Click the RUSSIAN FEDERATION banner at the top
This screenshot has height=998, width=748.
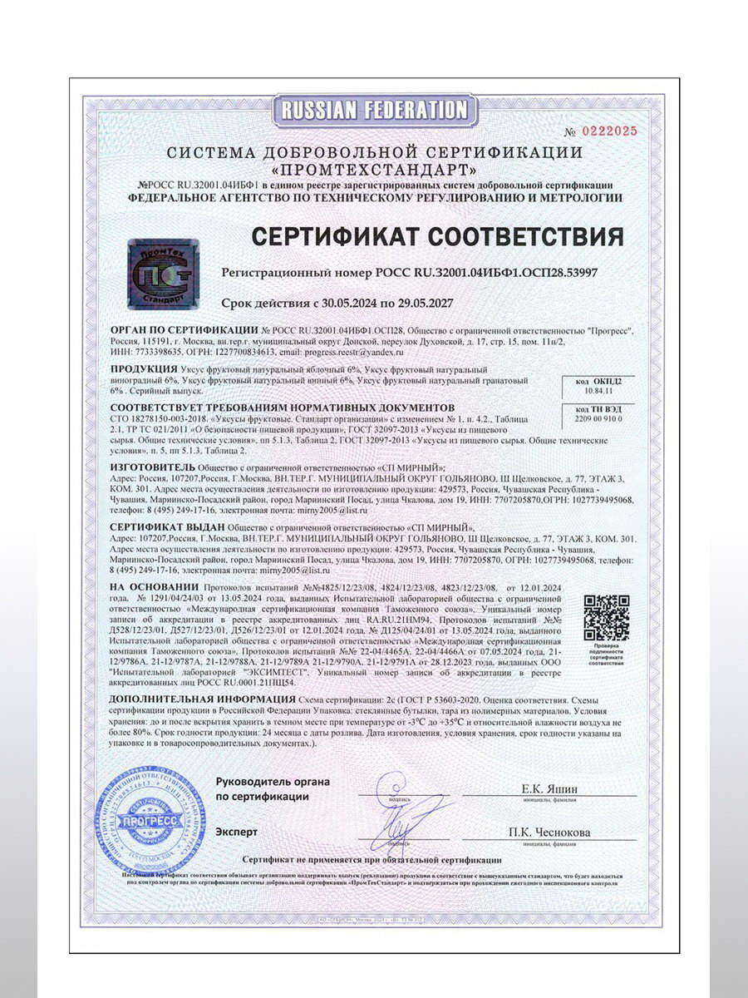[x=374, y=110]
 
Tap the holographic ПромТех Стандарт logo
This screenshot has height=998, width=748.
[x=162, y=269]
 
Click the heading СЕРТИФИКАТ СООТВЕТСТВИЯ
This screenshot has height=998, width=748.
[x=438, y=236]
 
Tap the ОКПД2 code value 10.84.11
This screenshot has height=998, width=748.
[x=597, y=388]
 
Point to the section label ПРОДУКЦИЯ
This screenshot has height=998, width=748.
[x=146, y=368]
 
